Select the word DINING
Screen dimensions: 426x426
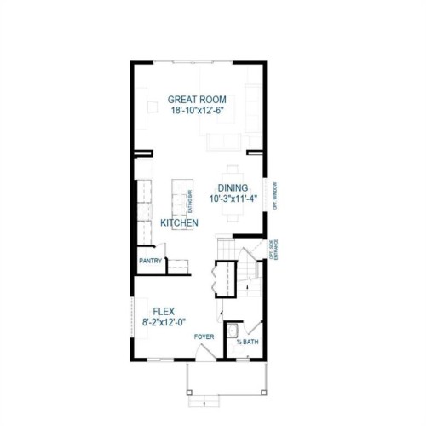(233, 188)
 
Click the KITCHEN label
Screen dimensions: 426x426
(180, 222)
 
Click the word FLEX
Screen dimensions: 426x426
(164, 311)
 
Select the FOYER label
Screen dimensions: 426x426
(204, 337)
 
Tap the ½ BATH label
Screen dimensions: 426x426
(247, 343)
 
